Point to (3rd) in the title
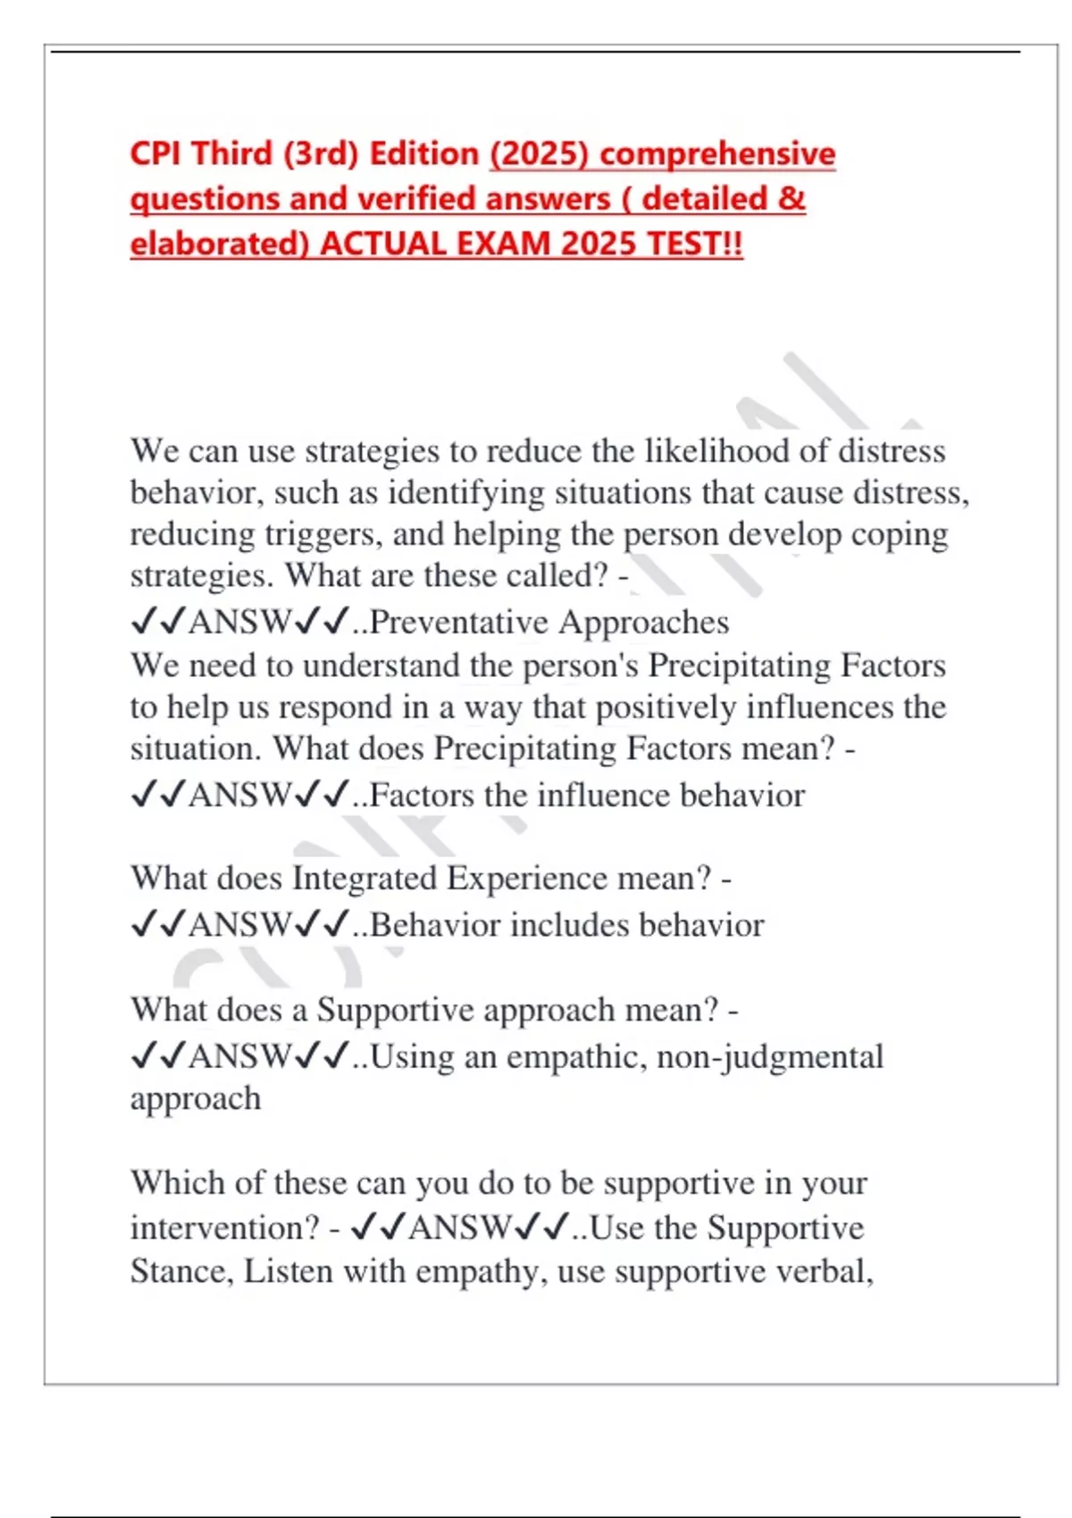pos(321,154)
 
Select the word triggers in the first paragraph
pos(323,534)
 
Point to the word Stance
pos(182,1270)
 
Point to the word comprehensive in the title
pos(717,154)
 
